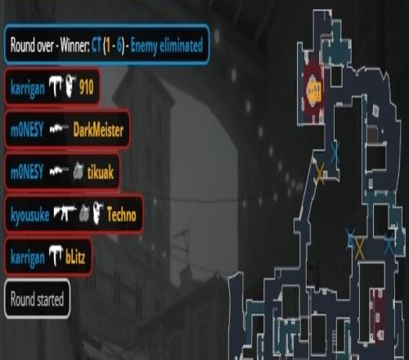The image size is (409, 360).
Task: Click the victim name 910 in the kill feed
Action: point(86,88)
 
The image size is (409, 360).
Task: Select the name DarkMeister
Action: point(98,130)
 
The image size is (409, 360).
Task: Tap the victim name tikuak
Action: point(101,173)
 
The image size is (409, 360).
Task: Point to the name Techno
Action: point(121,214)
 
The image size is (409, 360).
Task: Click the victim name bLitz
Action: point(75,257)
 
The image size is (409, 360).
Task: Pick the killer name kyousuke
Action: point(30,215)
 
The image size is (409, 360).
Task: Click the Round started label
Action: point(37,299)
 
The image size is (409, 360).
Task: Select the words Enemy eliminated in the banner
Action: point(167,46)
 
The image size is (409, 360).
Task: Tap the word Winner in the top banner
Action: point(75,45)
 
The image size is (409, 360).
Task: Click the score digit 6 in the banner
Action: point(119,45)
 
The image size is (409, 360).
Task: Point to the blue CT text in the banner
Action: point(97,45)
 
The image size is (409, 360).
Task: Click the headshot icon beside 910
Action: point(71,87)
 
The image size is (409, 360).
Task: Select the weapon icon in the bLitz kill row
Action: point(56,255)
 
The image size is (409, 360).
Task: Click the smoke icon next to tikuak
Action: point(79,171)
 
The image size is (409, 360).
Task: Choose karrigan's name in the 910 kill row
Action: point(28,88)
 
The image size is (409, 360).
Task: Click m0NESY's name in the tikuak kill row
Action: point(27,173)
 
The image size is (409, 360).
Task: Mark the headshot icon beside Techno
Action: point(98,212)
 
